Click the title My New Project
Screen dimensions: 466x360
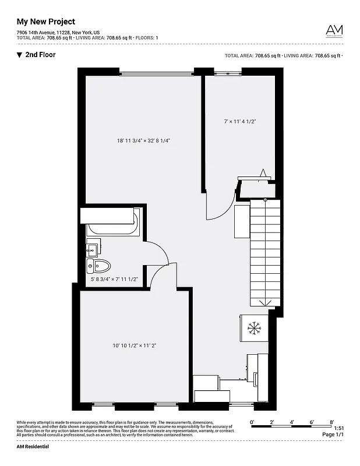click(x=45, y=22)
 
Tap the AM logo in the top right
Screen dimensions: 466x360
click(x=334, y=30)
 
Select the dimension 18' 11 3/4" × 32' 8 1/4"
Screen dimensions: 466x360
click(x=143, y=140)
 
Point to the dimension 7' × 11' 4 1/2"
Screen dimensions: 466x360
click(x=240, y=121)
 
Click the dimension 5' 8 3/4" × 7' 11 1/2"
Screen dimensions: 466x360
click(x=114, y=279)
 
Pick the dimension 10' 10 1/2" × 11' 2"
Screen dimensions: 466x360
click(x=135, y=345)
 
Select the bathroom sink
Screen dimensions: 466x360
click(x=93, y=250)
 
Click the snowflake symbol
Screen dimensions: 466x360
click(x=254, y=328)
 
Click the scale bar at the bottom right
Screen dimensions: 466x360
click(x=292, y=427)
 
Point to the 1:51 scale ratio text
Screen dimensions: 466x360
click(x=339, y=428)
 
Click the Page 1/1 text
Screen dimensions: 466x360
click(x=333, y=435)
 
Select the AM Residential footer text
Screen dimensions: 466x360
click(x=33, y=446)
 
